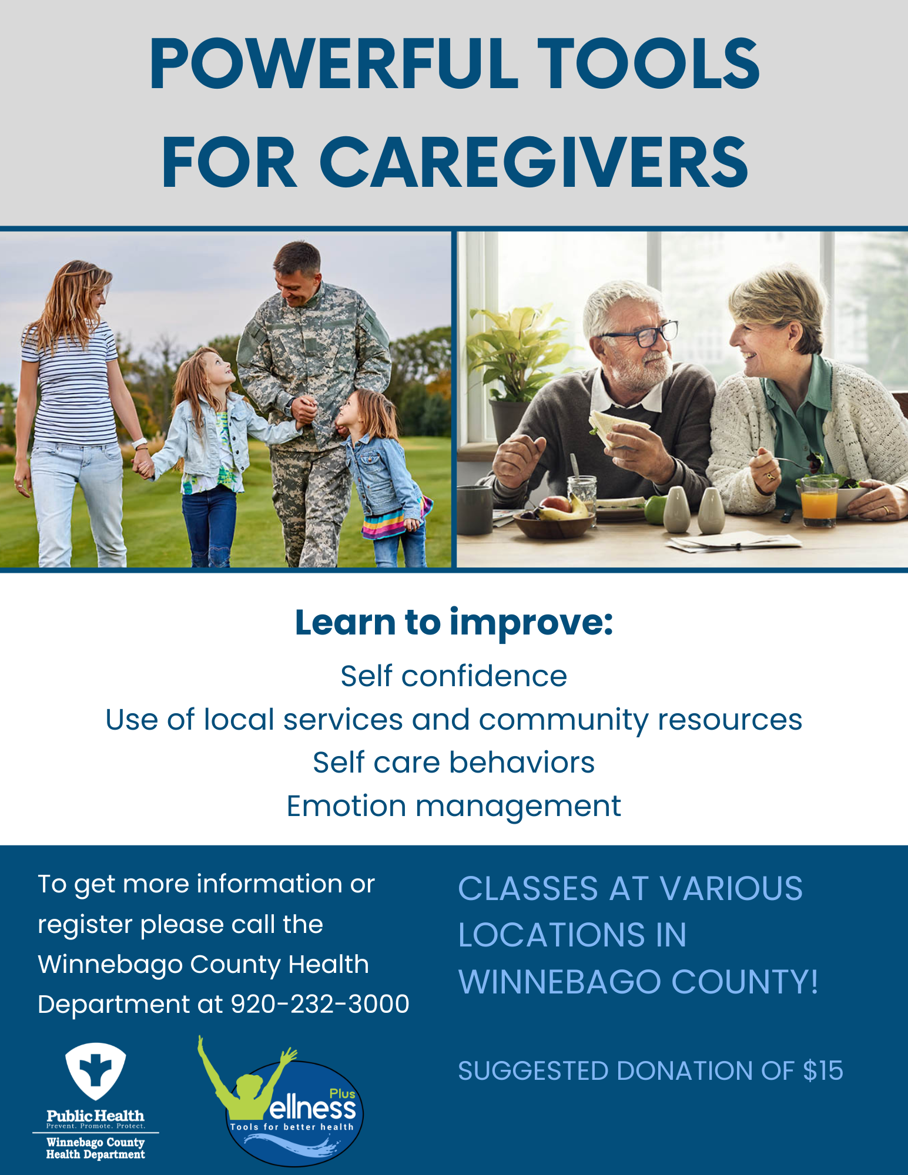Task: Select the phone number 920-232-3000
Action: (320, 1004)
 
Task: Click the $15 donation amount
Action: (823, 1070)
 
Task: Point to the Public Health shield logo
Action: (95, 1070)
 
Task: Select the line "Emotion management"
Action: (454, 806)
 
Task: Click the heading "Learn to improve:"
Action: (454, 623)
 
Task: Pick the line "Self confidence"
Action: (454, 676)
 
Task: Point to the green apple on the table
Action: (656, 509)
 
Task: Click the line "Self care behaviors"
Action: (454, 763)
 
